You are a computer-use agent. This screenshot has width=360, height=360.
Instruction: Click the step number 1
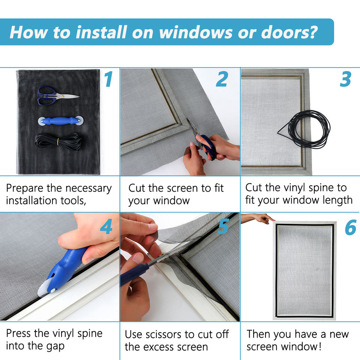[x=108, y=79]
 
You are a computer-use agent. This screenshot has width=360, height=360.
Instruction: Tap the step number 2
[x=222, y=79]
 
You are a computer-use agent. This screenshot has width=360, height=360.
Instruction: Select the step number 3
[x=345, y=79]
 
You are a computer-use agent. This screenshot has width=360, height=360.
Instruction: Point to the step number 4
[x=106, y=226]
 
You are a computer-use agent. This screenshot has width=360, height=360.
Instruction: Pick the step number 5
[x=223, y=226]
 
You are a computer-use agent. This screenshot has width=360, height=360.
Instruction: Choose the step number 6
[x=351, y=227]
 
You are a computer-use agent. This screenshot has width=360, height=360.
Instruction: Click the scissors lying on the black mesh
[x=58, y=96]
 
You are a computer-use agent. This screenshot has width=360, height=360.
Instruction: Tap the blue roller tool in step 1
[x=61, y=121]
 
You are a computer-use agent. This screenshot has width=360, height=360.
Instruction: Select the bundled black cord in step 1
[x=58, y=142]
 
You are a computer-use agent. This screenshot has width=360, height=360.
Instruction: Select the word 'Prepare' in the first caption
[x=25, y=189]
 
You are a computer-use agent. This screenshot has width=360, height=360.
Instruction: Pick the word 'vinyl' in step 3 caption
[x=294, y=188]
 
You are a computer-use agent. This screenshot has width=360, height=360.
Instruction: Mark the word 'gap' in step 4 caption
[x=55, y=346]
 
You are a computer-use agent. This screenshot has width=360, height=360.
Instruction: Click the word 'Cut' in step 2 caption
[x=136, y=188]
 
